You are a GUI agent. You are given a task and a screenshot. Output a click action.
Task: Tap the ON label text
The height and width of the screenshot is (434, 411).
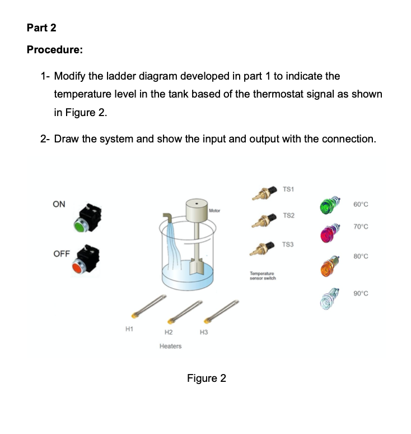click(59, 204)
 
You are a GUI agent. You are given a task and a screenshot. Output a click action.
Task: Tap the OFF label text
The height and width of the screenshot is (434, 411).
click(61, 253)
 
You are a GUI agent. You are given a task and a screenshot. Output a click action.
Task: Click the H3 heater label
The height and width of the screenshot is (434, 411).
click(204, 333)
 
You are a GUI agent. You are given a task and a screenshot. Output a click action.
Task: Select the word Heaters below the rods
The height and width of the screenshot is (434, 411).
click(170, 347)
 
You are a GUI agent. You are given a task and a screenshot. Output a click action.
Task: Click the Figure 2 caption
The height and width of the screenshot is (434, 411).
click(206, 378)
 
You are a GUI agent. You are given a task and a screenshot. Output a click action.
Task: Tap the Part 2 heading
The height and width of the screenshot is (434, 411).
click(41, 27)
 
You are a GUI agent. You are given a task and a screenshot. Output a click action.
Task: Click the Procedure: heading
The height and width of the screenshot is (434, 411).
click(55, 49)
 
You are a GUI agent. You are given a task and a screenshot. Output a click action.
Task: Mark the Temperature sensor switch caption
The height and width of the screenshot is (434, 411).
click(263, 276)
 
